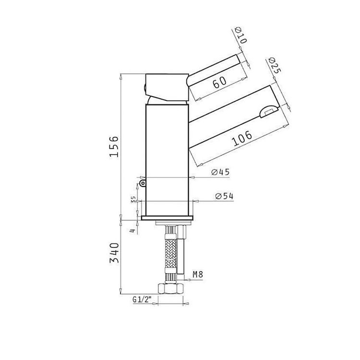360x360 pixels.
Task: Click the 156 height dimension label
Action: (x=114, y=147)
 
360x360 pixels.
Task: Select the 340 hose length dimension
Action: (x=114, y=253)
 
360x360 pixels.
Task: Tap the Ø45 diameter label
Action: (x=220, y=172)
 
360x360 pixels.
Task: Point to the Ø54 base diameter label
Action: (x=224, y=196)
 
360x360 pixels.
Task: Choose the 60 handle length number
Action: (x=220, y=82)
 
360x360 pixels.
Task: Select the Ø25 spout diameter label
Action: (x=274, y=65)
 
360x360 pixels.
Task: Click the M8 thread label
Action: (x=198, y=275)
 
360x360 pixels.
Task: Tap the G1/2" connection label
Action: (x=143, y=300)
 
